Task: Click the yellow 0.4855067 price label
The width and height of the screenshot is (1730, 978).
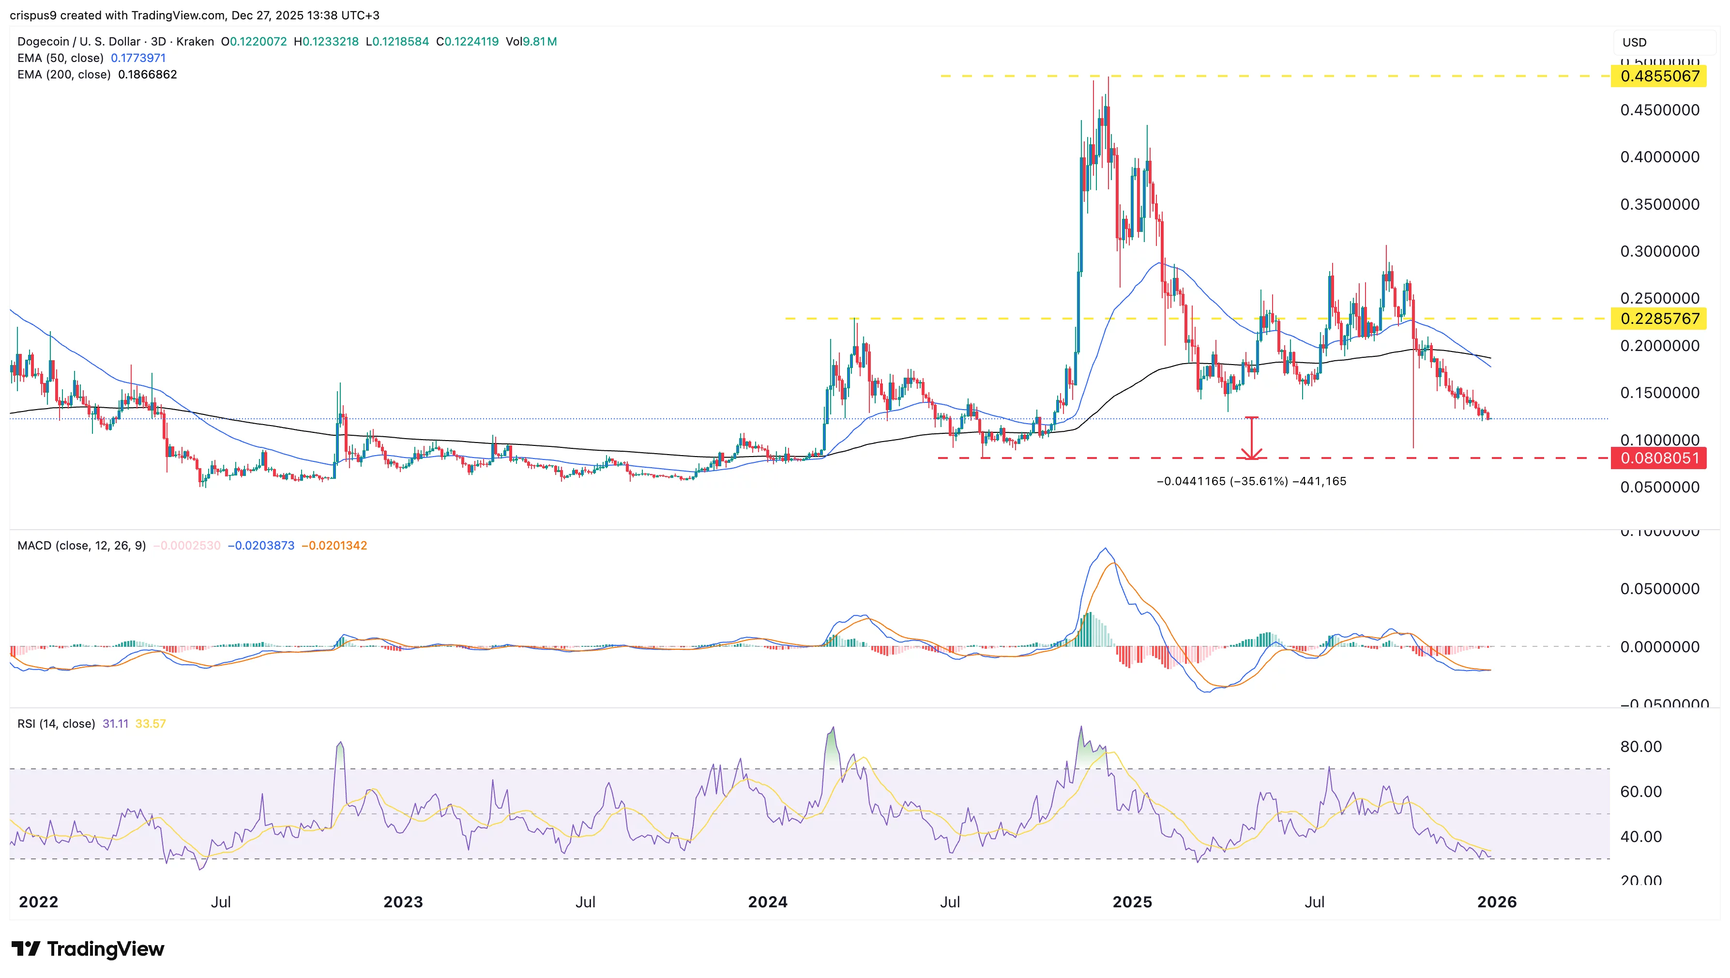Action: pyautogui.click(x=1659, y=76)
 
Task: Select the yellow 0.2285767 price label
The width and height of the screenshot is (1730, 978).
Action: pyautogui.click(x=1659, y=319)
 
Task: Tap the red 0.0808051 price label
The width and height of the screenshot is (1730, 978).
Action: pyautogui.click(x=1659, y=458)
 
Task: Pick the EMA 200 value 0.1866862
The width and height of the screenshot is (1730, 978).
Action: pyautogui.click(x=147, y=75)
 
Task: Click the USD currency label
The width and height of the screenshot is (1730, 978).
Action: pyautogui.click(x=1634, y=42)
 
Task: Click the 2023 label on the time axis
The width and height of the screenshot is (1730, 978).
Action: pyautogui.click(x=403, y=902)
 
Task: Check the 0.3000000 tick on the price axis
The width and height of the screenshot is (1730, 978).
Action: pyautogui.click(x=1659, y=251)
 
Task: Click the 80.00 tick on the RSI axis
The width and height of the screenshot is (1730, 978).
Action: pyautogui.click(x=1640, y=746)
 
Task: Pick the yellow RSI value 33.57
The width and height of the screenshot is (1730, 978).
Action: pyautogui.click(x=151, y=723)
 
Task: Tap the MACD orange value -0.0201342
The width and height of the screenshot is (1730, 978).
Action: pyautogui.click(x=334, y=546)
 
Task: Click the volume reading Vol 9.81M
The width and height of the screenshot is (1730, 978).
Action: pyautogui.click(x=531, y=42)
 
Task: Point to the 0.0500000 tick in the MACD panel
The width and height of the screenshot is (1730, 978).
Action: pyautogui.click(x=1659, y=588)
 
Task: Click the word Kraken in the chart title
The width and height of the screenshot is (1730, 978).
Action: pyautogui.click(x=195, y=42)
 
